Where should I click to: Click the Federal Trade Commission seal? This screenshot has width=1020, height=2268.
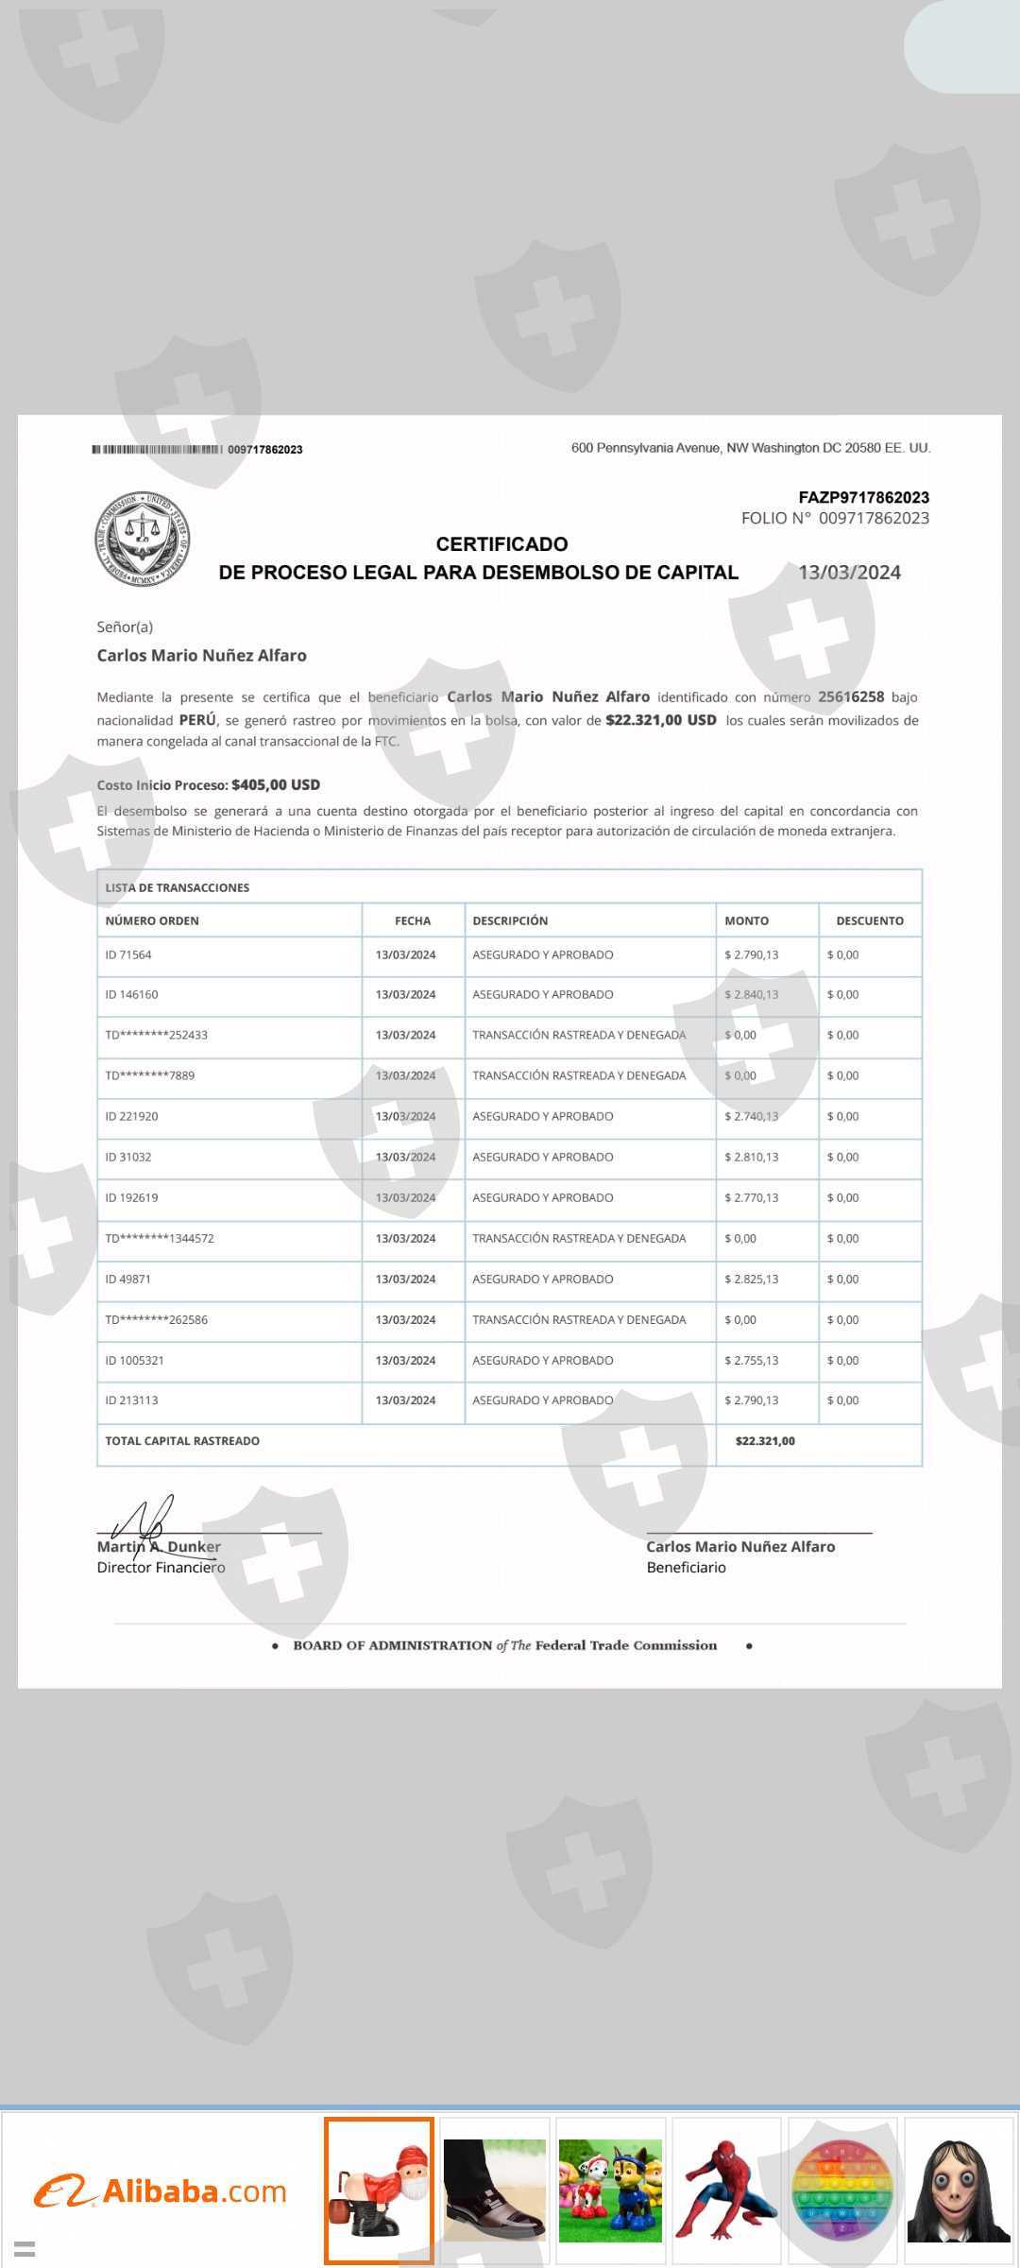pos(143,539)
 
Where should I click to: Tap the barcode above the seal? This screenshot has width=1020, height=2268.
pos(157,449)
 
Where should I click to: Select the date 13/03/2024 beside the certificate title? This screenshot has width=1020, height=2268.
pos(849,573)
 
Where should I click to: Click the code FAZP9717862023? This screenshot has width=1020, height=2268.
pos(863,497)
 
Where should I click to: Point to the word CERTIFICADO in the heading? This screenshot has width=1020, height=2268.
pos(501,544)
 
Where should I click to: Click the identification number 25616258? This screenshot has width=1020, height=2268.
pos(851,697)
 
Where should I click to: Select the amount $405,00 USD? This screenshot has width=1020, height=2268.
pos(276,785)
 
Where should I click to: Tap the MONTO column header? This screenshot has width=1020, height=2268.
pos(746,920)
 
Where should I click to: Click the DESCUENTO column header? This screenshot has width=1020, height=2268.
pos(869,920)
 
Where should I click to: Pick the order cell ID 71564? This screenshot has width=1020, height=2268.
pos(128,955)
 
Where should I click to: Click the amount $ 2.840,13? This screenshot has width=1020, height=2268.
pos(752,995)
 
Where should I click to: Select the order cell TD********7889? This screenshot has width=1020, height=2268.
pos(150,1075)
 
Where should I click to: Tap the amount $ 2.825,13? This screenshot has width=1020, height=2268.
pos(752,1280)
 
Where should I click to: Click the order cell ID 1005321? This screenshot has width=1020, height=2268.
pos(135,1361)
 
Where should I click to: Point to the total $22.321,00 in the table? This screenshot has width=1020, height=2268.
pos(765,1441)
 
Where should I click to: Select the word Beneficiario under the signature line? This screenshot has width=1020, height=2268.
pos(687,1568)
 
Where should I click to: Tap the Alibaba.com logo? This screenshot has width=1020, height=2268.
pos(161,2191)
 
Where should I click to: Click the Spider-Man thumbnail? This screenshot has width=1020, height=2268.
pos(726,2191)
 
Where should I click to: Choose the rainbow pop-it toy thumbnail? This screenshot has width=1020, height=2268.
pos(842,2191)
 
